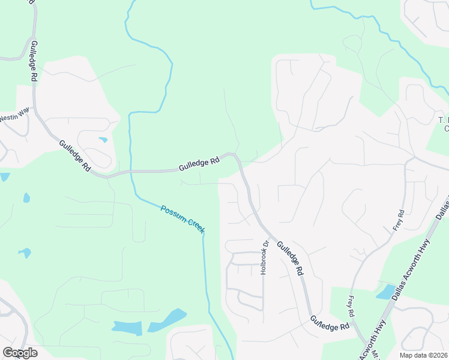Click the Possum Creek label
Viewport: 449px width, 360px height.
pos(183,219)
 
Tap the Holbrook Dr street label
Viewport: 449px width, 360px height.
pos(263,257)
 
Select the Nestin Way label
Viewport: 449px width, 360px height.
pos(14,114)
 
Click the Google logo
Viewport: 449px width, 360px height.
pos(20,353)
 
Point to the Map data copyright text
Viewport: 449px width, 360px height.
pos(424,355)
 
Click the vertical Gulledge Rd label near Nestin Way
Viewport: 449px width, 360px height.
pos(34,62)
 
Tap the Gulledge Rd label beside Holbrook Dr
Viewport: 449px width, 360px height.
pos(289,258)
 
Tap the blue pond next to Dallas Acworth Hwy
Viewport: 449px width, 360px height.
pos(385,292)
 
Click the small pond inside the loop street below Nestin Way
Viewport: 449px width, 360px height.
pos(103,140)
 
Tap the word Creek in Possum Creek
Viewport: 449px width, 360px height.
pos(194,226)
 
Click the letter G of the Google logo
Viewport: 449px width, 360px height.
pos(8,353)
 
